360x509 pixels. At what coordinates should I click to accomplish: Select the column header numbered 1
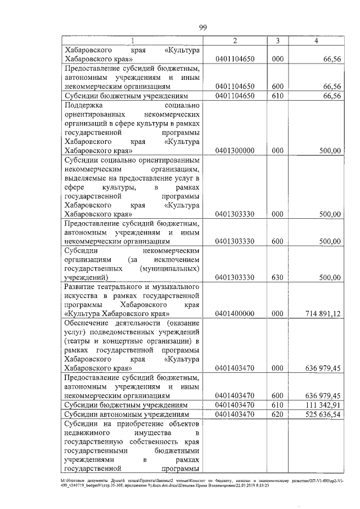pos(132,40)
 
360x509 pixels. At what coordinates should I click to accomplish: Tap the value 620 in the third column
pos(276,415)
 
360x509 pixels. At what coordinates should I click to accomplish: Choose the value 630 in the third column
pos(276,277)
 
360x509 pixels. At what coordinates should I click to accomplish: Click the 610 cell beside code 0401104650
pos(276,96)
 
